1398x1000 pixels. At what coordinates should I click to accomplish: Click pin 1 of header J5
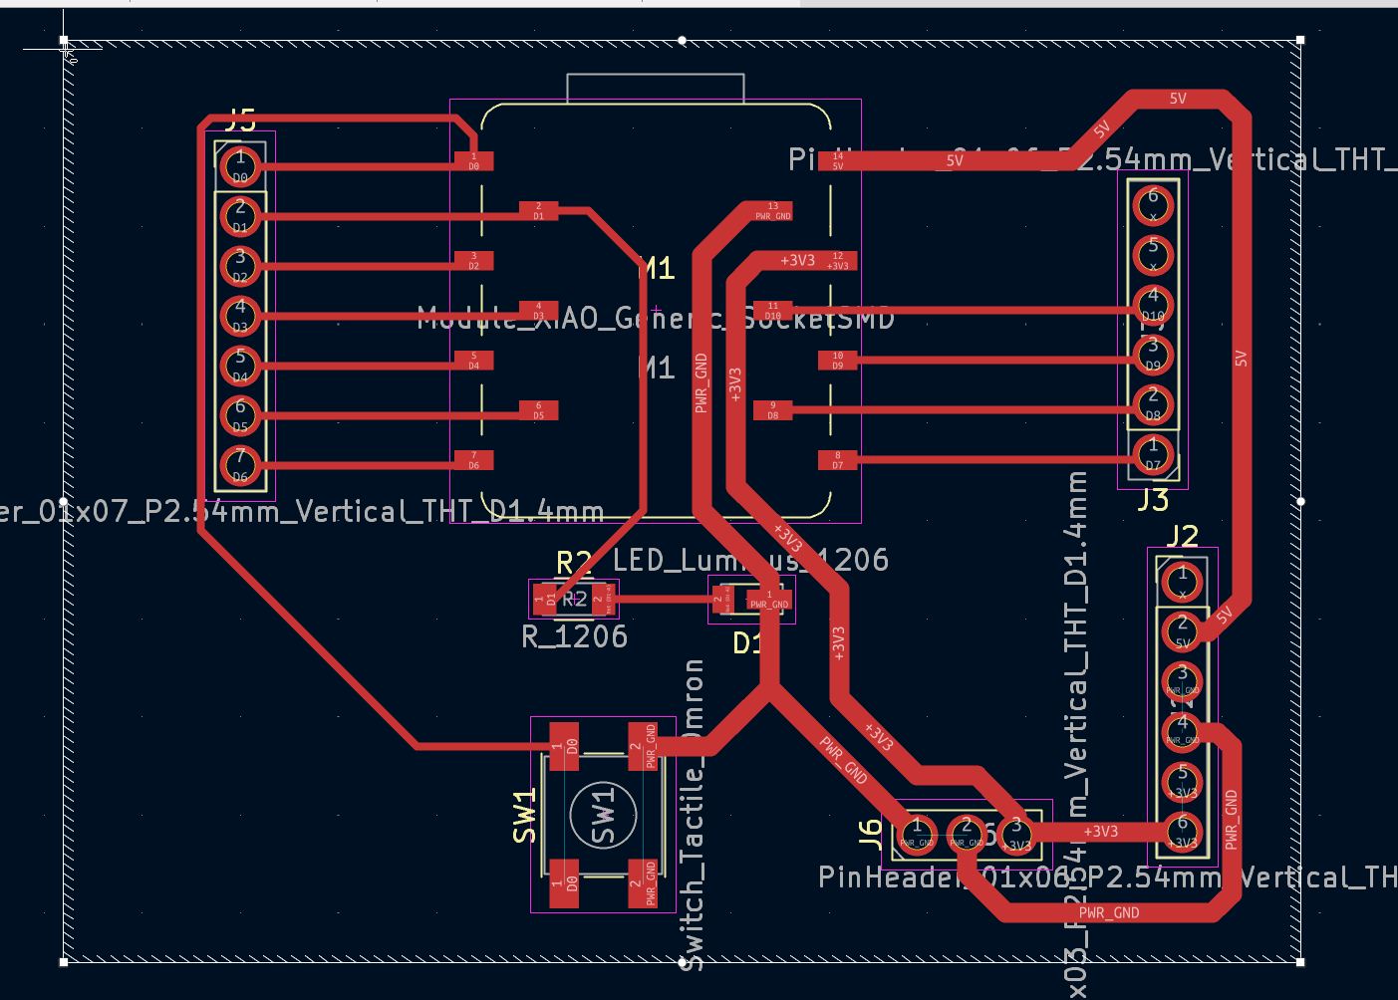coord(240,163)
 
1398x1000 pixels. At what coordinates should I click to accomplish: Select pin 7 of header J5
coord(240,463)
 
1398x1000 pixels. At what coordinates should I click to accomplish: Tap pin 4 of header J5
coord(240,314)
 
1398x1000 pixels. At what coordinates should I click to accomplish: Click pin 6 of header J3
coord(1153,205)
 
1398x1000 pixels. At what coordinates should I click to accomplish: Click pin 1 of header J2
coord(1183,581)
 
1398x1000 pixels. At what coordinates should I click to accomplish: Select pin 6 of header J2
coord(1183,829)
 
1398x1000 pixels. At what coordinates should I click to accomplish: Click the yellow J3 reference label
coord(1153,499)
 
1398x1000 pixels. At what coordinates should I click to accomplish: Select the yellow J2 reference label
coord(1183,537)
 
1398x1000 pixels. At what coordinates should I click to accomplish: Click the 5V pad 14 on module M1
coord(837,160)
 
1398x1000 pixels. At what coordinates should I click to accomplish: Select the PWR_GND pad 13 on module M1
coord(772,211)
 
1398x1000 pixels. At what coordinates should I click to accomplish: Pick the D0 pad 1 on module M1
coord(474,161)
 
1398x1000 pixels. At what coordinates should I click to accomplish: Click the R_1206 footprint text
coord(575,636)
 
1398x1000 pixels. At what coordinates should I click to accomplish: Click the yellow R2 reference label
coord(574,563)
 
